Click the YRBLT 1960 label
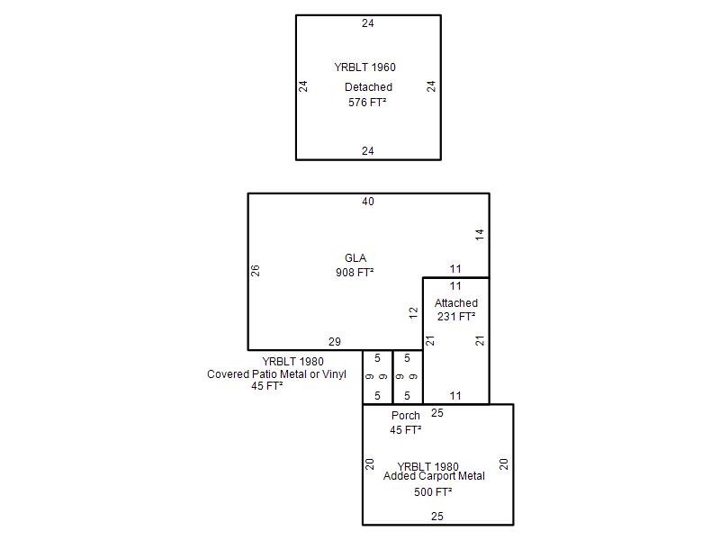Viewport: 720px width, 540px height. click(364, 67)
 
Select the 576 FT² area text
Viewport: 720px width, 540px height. click(367, 103)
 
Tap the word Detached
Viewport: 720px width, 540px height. click(368, 87)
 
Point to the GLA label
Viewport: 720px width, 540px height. click(355, 258)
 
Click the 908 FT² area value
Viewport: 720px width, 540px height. click(355, 272)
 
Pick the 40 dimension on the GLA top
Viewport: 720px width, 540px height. click(368, 202)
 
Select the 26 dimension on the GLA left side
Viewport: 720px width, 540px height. click(256, 270)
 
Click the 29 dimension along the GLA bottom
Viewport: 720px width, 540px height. click(335, 342)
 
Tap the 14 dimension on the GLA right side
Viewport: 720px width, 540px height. click(481, 234)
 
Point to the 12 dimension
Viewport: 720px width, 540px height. click(414, 313)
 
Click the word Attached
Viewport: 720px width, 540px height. click(456, 303)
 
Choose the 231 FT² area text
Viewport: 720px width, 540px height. click(455, 317)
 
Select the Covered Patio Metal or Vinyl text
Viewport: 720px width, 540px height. click(276, 374)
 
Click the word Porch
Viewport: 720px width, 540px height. click(406, 416)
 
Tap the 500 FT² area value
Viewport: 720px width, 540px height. click(433, 492)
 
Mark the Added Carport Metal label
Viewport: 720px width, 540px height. click(434, 476)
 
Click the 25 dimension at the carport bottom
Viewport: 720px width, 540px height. click(437, 517)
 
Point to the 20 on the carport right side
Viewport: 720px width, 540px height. click(504, 464)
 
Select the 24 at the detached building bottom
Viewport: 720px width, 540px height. click(368, 151)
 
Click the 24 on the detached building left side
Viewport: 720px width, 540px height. click(304, 86)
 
